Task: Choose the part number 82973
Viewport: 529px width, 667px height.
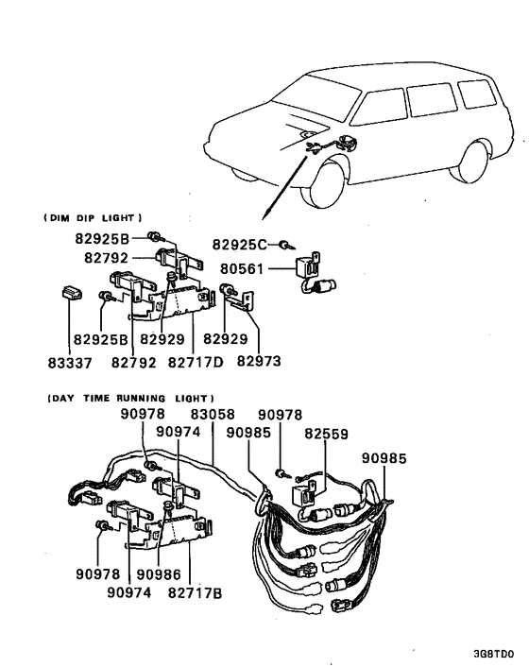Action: [x=259, y=361]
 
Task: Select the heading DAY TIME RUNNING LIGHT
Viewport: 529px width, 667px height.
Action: [x=130, y=398]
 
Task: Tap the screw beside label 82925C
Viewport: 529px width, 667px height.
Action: [x=283, y=244]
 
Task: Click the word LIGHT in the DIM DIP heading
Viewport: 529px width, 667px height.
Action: [x=125, y=218]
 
